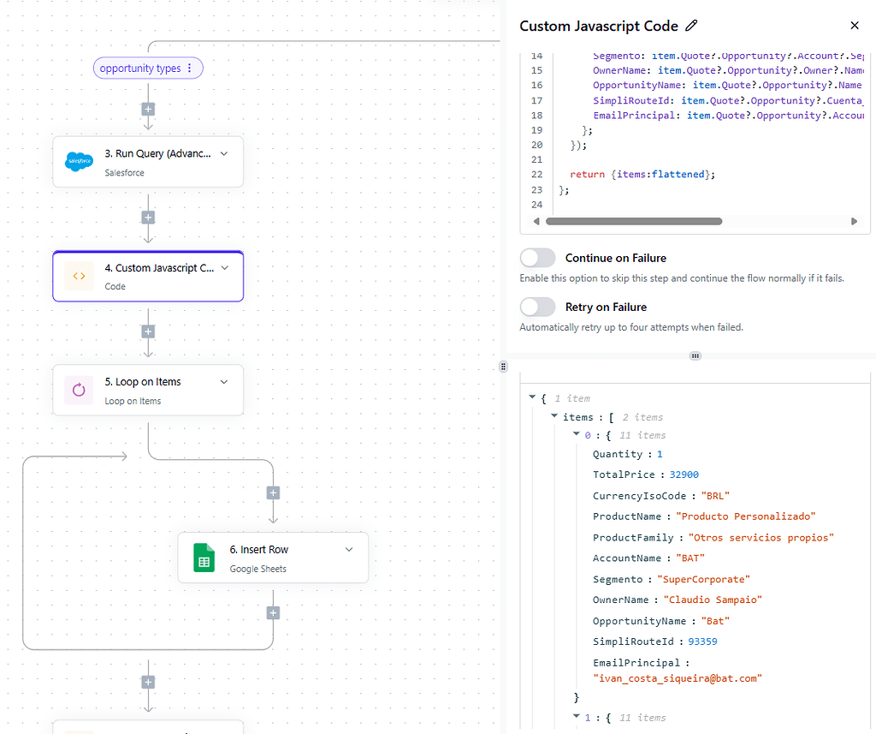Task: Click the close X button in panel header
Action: [854, 27]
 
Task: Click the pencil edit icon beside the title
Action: [692, 27]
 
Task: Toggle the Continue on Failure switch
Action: [537, 258]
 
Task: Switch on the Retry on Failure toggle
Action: [537, 307]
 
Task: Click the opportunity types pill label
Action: [140, 69]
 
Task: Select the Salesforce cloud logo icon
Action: [79, 161]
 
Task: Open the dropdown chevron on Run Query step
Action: [224, 154]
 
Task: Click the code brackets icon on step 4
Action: [79, 276]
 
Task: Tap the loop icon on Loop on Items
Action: [79, 391]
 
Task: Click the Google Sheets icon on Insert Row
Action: [204, 558]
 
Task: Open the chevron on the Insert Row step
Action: [349, 550]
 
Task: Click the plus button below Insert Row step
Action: [273, 612]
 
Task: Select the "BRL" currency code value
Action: [714, 496]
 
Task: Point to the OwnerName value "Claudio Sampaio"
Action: [713, 600]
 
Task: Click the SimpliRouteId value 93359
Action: [701, 642]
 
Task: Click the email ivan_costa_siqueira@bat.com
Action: [677, 678]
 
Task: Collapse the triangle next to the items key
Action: [554, 416]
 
